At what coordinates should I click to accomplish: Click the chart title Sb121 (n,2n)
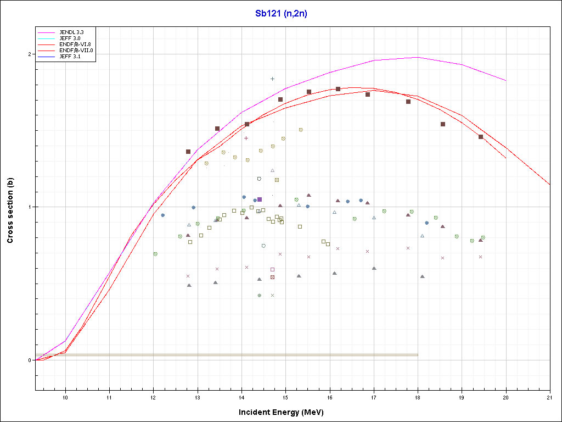coord(281,14)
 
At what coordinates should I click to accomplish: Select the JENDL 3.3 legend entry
coord(71,32)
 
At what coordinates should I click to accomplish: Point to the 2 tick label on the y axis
coord(31,54)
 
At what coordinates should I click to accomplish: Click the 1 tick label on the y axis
coord(31,207)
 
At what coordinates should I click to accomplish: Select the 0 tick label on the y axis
coord(31,360)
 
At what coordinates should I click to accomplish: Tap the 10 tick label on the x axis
coord(66,397)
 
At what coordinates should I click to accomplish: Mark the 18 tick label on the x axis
coord(418,397)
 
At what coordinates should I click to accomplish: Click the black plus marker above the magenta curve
coord(272,79)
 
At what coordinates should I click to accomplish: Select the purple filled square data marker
coord(260,199)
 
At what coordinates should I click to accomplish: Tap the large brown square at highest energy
coord(481,137)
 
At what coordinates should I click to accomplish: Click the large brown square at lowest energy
coord(188,152)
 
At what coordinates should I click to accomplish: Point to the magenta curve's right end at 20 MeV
coord(505,81)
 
